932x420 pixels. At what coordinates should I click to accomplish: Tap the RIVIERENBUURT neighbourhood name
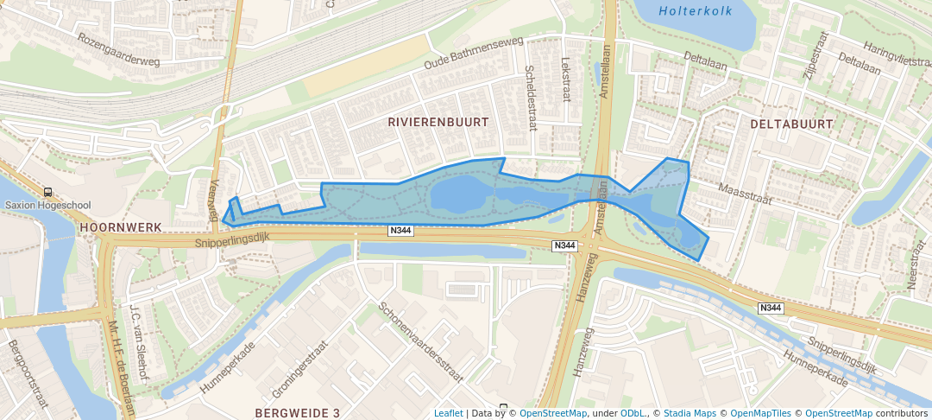pyautogui.click(x=438, y=123)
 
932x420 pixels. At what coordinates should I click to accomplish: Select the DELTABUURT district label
pyautogui.click(x=791, y=124)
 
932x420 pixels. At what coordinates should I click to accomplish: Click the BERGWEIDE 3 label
pyautogui.click(x=298, y=413)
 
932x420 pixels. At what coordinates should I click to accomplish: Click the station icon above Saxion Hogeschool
pyautogui.click(x=46, y=193)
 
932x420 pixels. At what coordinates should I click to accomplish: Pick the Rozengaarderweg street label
pyautogui.click(x=119, y=50)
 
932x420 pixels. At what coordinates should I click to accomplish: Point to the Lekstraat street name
pyautogui.click(x=566, y=80)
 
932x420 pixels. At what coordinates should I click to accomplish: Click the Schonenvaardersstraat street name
pyautogui.click(x=421, y=342)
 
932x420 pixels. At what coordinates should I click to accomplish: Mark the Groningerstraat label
pyautogui.click(x=299, y=372)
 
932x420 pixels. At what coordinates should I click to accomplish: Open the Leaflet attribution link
pyautogui.click(x=448, y=413)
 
